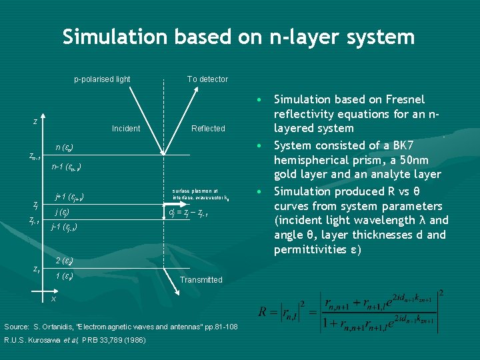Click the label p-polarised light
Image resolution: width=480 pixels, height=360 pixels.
(x=102, y=79)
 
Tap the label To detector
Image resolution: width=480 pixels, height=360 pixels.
(x=207, y=79)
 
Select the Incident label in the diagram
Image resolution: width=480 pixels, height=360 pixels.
(x=126, y=129)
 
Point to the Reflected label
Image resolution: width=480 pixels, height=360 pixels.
(x=208, y=129)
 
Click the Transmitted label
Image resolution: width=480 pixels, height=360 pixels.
(x=201, y=280)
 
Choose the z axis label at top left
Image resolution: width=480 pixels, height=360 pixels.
(x=35, y=122)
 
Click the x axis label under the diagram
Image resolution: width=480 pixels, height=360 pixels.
(x=53, y=299)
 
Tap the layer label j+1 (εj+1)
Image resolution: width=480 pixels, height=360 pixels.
(x=69, y=197)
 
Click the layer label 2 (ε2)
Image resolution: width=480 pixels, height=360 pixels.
(x=64, y=261)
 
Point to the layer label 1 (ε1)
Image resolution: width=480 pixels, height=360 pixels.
(x=64, y=276)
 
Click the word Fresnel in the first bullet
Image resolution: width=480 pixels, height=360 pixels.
(x=401, y=99)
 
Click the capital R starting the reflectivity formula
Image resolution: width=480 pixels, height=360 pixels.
(x=263, y=312)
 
